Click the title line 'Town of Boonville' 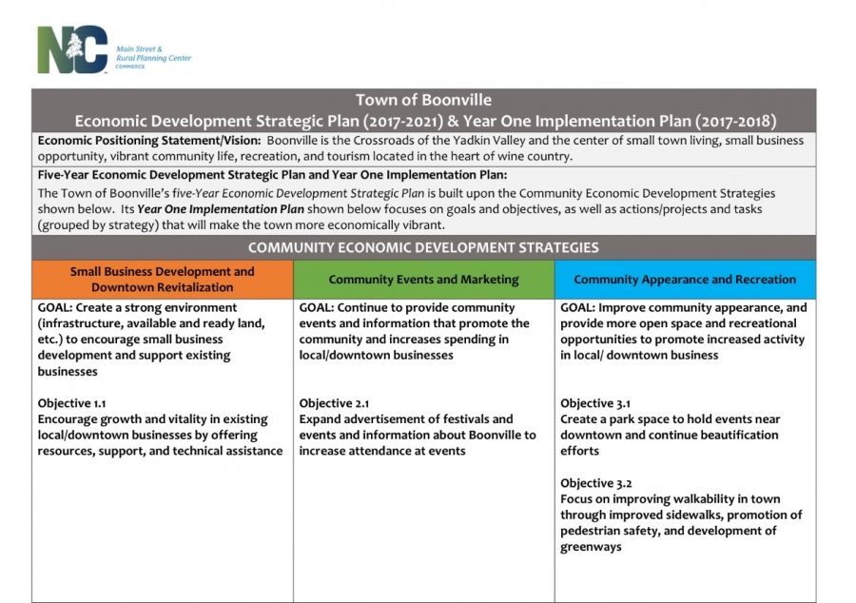coord(423,100)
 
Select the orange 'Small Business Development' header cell coord(163,279)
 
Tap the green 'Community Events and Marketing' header coord(423,280)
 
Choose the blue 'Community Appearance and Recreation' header coord(685,280)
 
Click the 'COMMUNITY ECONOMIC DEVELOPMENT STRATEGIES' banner coord(423,247)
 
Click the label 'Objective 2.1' coord(333,403)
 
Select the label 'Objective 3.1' coord(595,403)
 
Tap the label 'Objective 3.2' coord(595,483)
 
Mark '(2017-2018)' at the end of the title coord(735,121)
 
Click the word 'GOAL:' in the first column coord(57,308)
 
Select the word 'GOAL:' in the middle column coord(319,308)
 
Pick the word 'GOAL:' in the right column coord(580,308)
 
